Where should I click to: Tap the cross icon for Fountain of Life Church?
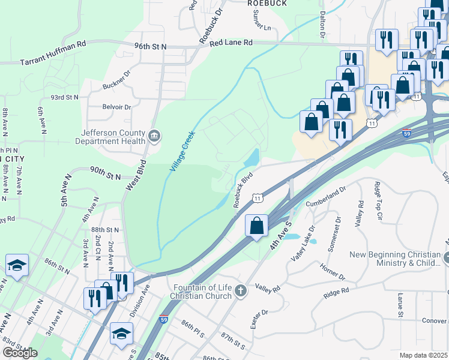coord(240,291)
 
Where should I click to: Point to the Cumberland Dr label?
coord(326,196)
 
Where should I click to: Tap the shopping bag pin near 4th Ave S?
coord(256,226)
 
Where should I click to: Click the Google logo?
coord(20,352)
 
